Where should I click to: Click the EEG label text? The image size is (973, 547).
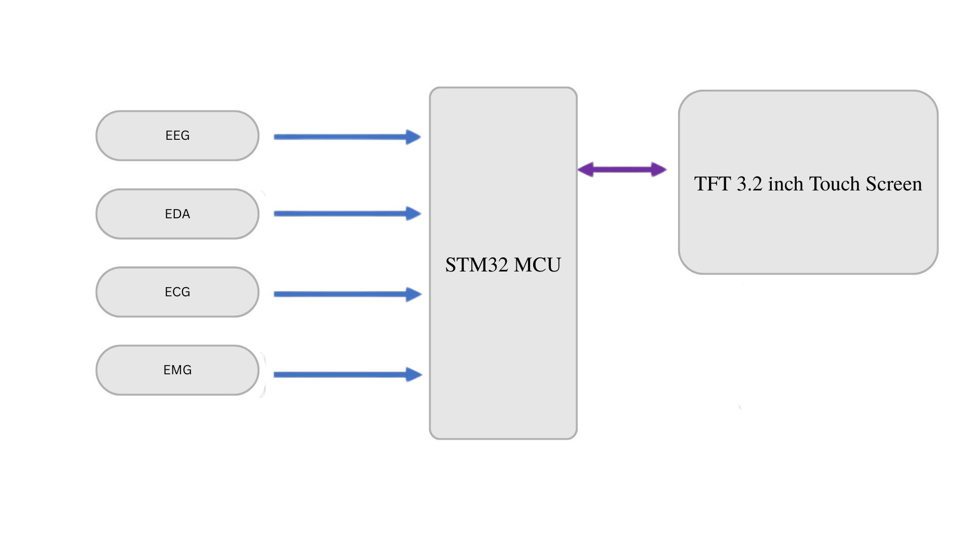point(177,136)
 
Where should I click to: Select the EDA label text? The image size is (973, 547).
point(177,214)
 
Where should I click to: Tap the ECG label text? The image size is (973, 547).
point(177,292)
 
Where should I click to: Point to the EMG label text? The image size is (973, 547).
point(177,370)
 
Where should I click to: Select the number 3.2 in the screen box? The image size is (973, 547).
point(750,184)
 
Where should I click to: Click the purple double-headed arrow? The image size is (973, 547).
point(623,170)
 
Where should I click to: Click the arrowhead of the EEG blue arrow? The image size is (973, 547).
point(413,137)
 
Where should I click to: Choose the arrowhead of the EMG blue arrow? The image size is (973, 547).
point(414,375)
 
